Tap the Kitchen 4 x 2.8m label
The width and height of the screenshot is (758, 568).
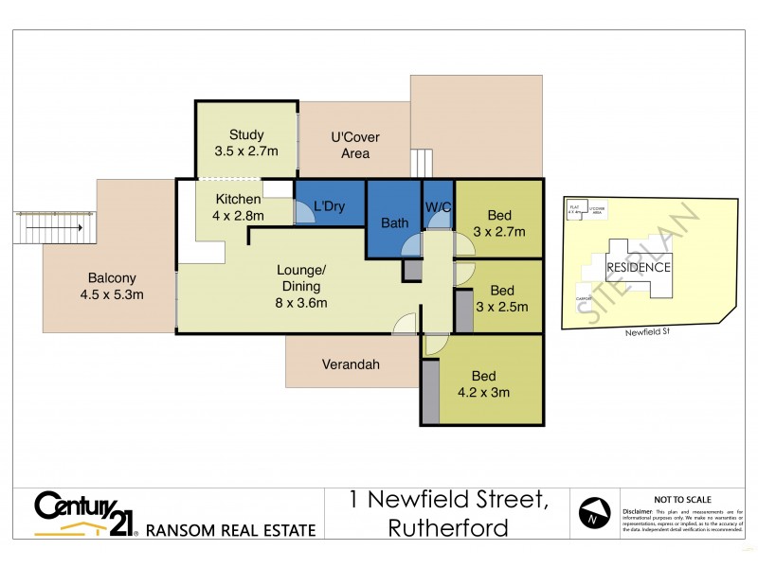(x=239, y=207)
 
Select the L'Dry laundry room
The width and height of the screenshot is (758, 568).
(x=330, y=205)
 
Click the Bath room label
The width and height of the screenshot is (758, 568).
(x=393, y=223)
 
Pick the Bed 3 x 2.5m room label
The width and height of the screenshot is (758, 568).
(x=501, y=298)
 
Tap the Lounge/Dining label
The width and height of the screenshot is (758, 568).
(x=298, y=286)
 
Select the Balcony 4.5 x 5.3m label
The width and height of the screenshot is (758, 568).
(x=113, y=286)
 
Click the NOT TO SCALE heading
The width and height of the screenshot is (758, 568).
(x=683, y=500)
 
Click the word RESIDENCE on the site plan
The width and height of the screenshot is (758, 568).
(x=639, y=267)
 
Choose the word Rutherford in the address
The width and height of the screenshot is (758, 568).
(x=448, y=527)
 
